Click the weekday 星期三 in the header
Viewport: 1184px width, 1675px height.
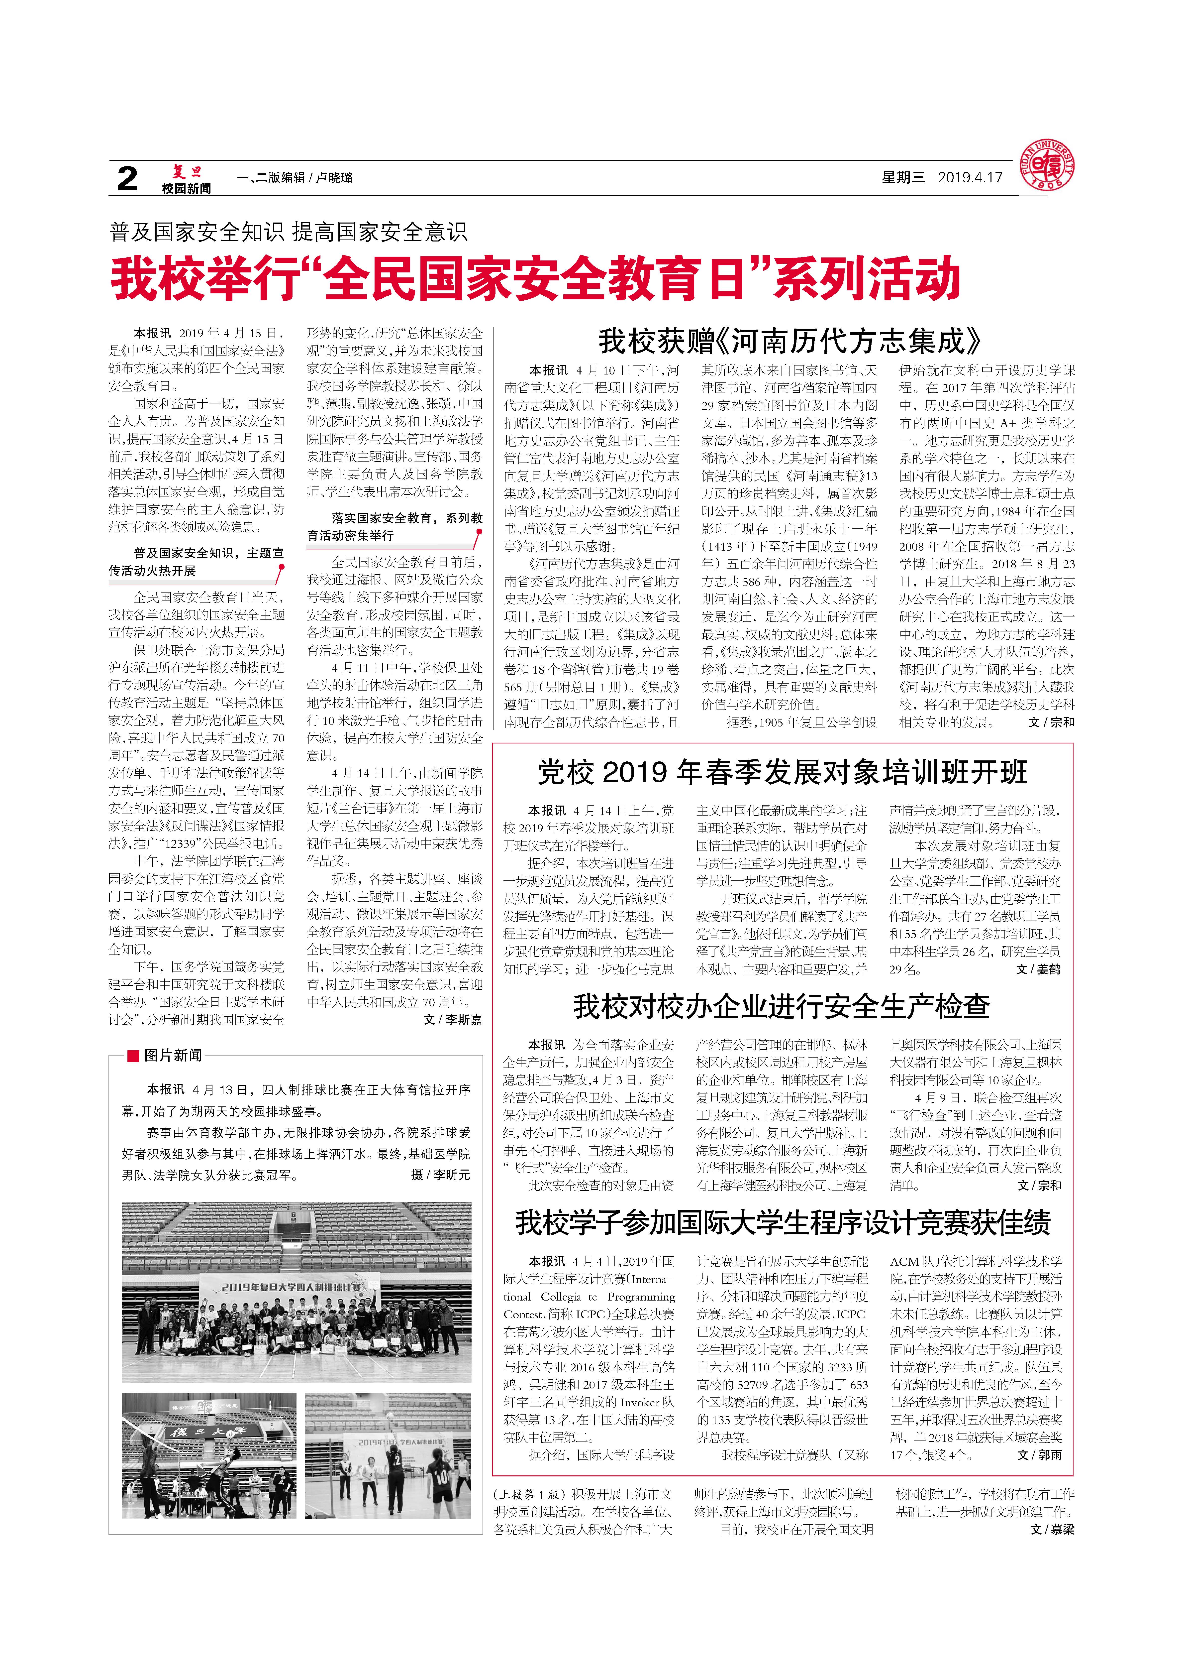click(902, 177)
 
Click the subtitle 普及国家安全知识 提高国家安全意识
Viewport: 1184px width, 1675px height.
click(288, 232)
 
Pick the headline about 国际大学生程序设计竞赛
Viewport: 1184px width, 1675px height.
click(782, 1223)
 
